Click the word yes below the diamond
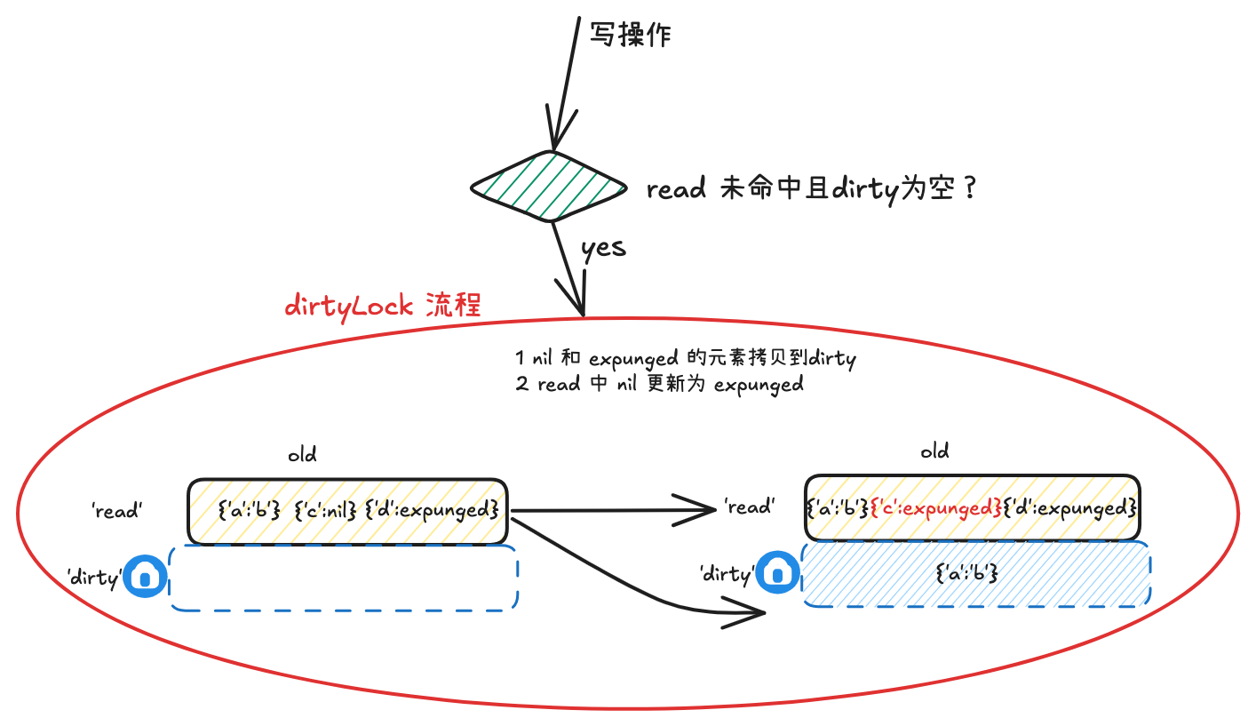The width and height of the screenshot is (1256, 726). coord(603,248)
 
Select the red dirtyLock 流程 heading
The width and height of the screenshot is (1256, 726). coord(383,307)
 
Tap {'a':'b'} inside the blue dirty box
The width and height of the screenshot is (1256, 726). coord(968,574)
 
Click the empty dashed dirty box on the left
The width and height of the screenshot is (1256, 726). coord(343,578)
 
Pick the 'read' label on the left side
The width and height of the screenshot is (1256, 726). coord(116,511)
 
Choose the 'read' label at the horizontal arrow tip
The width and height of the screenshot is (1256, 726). coord(748,507)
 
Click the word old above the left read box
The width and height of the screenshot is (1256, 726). coord(302,455)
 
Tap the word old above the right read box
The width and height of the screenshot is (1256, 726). coord(934,451)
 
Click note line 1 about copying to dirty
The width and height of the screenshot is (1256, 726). coord(685,359)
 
